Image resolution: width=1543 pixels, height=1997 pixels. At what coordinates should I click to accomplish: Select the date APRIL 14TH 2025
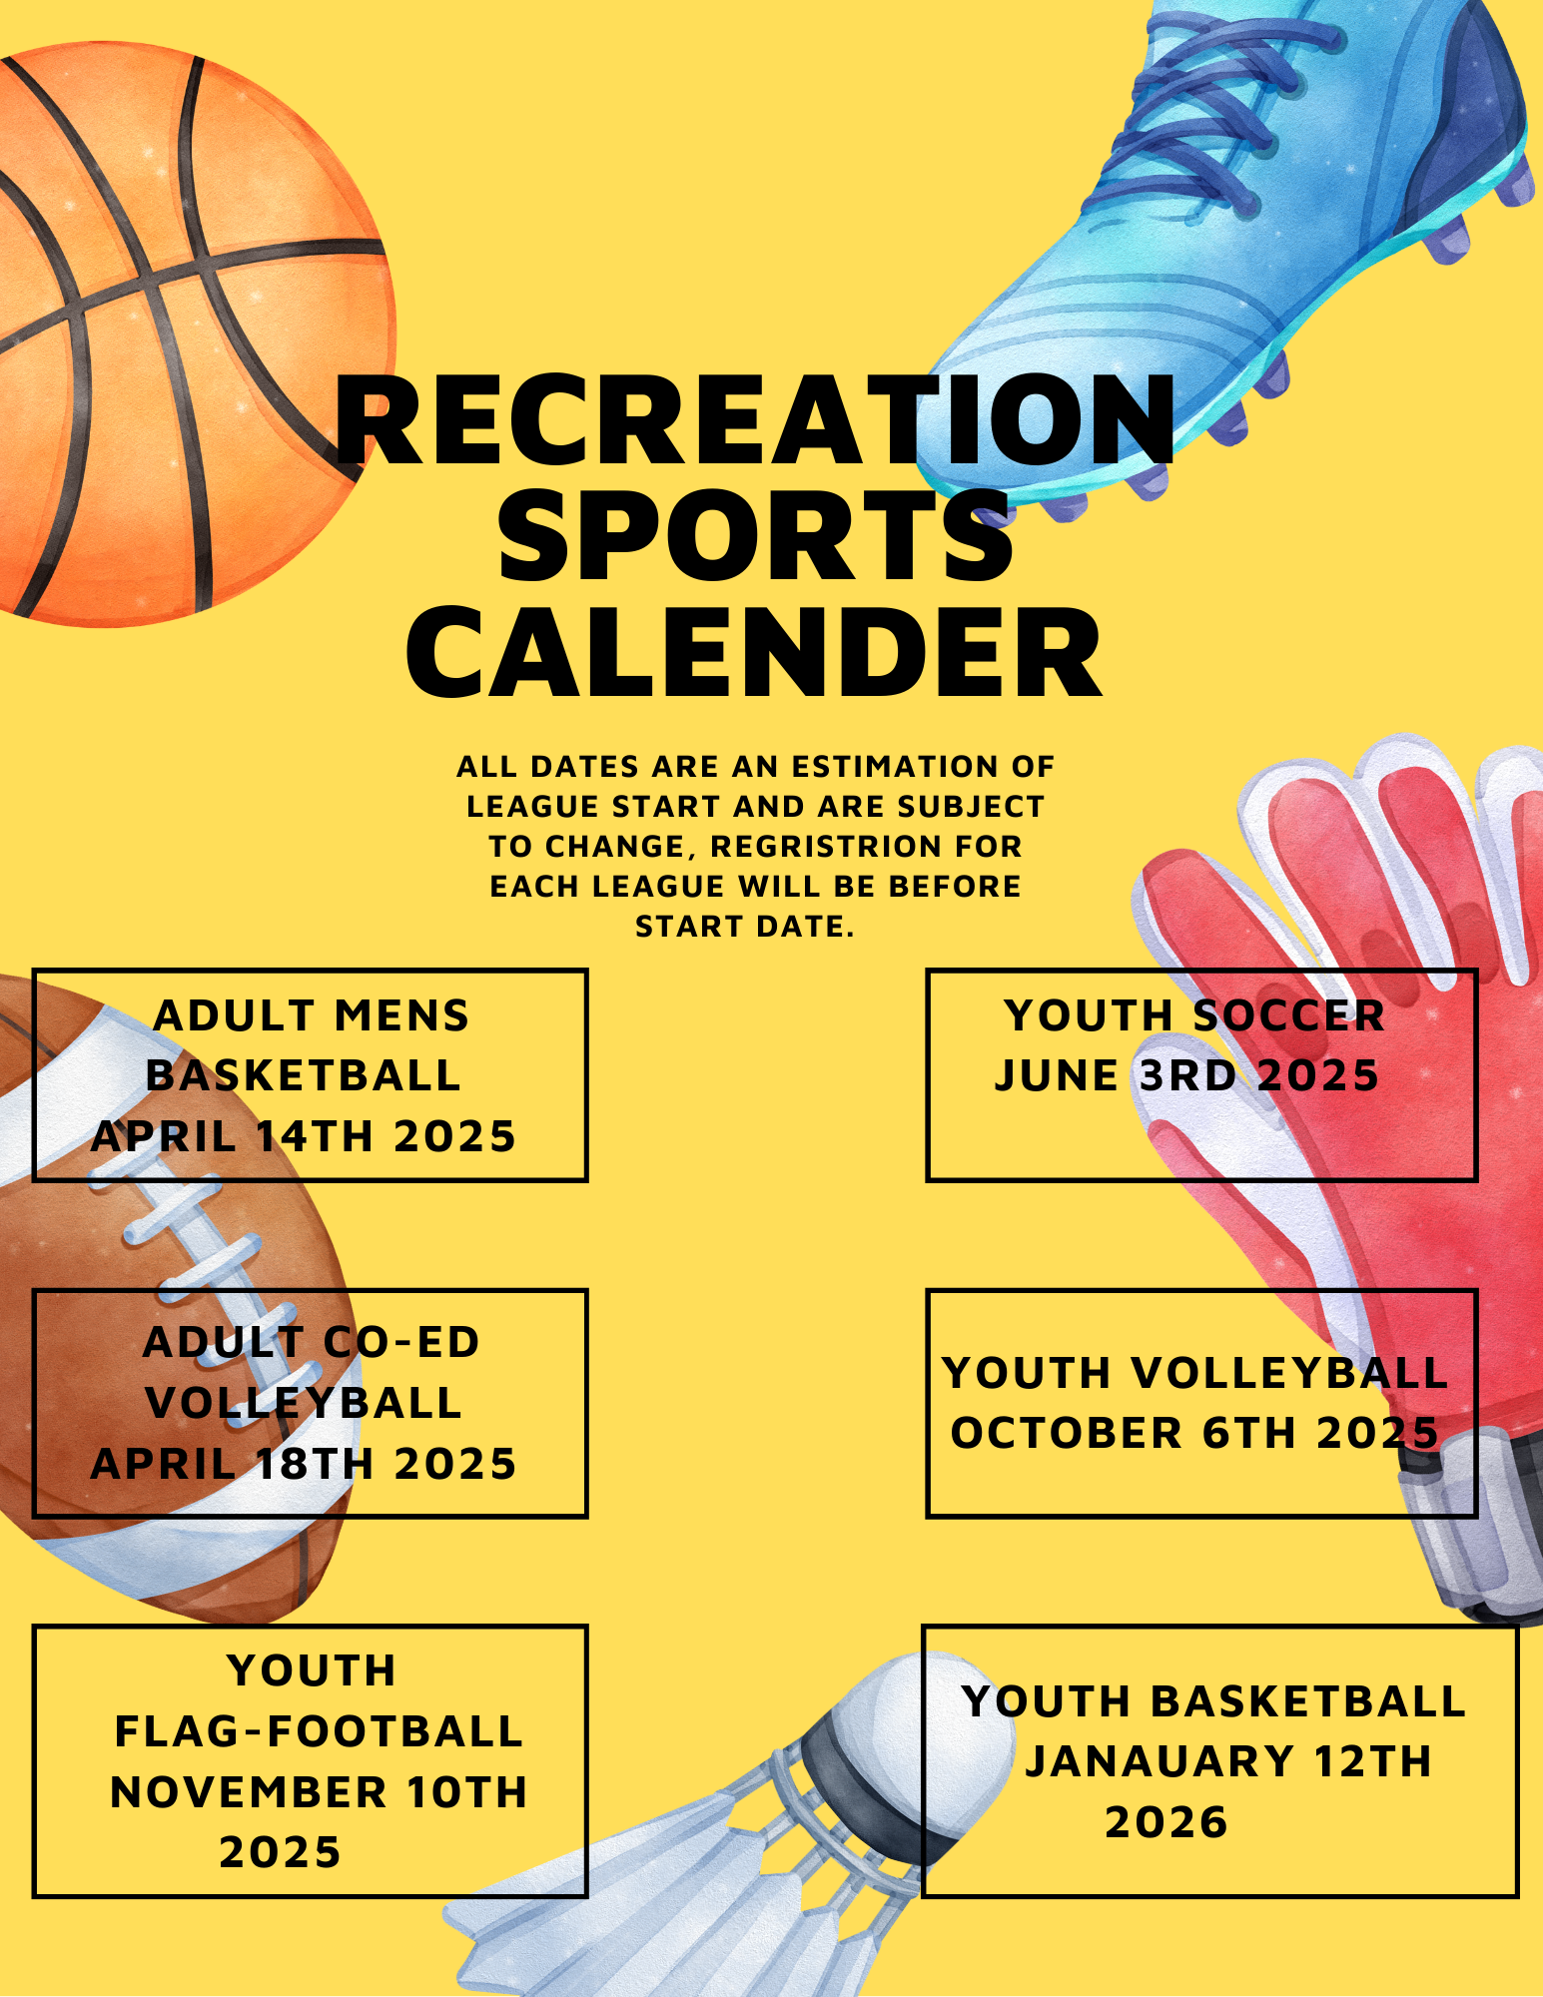pyautogui.click(x=304, y=1136)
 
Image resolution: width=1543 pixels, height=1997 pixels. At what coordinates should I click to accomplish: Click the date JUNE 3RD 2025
pyautogui.click(x=1186, y=1075)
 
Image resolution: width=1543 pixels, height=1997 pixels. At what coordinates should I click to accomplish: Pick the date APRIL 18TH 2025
pyautogui.click(x=304, y=1464)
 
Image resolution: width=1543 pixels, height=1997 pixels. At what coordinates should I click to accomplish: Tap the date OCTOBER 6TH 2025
pyautogui.click(x=1194, y=1433)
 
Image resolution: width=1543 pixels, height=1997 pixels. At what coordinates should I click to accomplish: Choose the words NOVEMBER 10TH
pyautogui.click(x=319, y=1792)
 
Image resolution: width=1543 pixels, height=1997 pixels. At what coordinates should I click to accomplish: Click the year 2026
pyautogui.click(x=1165, y=1822)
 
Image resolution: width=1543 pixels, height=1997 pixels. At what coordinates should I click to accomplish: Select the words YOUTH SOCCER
pyautogui.click(x=1194, y=1015)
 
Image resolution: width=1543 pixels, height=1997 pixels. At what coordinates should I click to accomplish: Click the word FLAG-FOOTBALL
pyautogui.click(x=319, y=1731)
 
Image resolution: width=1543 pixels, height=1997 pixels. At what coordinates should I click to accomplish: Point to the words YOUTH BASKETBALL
pyautogui.click(x=1213, y=1701)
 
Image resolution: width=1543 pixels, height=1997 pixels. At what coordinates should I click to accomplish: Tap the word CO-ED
pyautogui.click(x=402, y=1342)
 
